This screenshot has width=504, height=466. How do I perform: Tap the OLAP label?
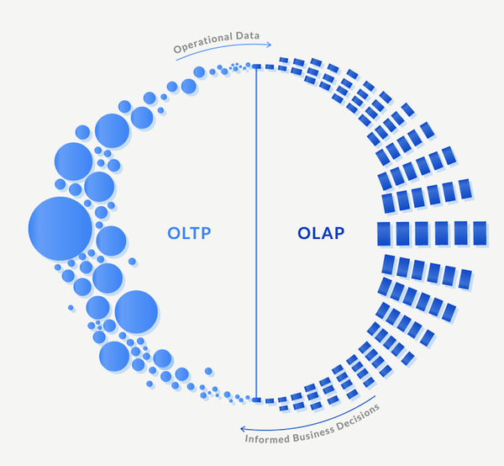(321, 232)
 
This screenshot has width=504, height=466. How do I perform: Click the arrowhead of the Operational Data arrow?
(270, 45)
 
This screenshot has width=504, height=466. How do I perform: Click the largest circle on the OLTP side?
(60, 229)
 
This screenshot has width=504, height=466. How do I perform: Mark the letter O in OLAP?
(303, 232)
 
